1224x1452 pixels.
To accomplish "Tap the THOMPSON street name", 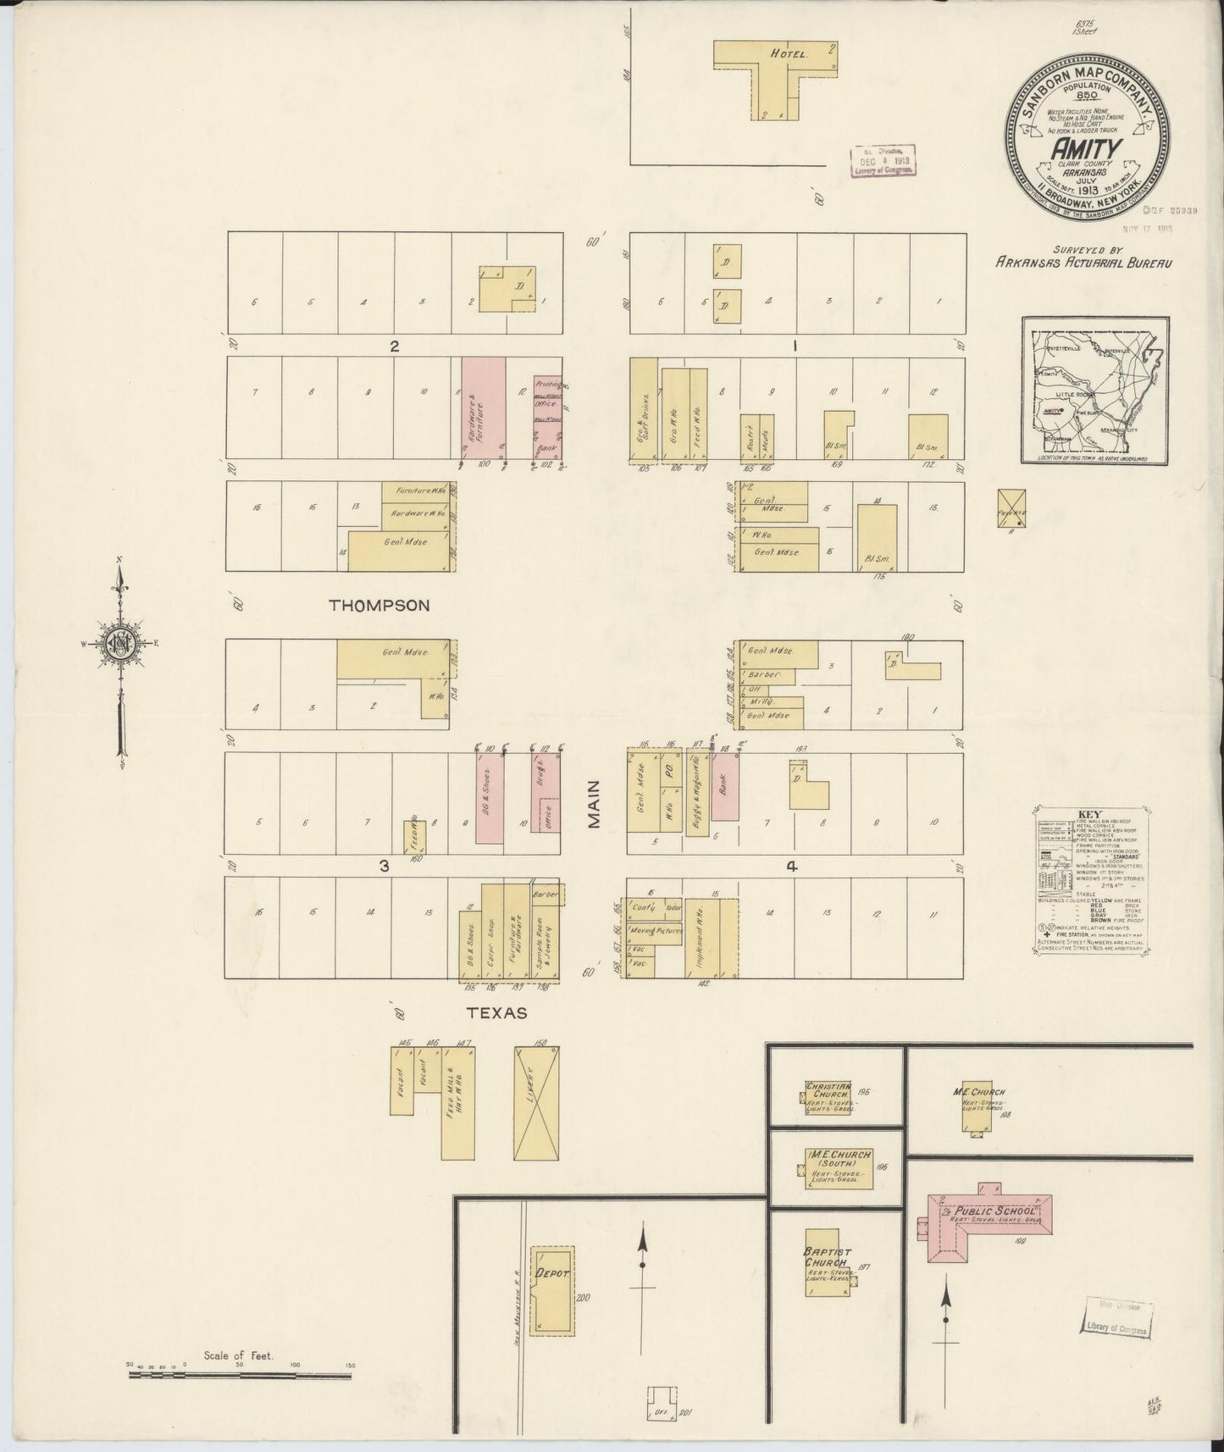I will click(379, 605).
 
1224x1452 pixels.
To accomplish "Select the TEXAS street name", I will click(497, 1013).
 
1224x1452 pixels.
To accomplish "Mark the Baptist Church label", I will click(828, 1257).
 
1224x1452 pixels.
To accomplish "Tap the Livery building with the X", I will click(536, 1102).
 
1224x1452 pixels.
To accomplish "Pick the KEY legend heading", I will click(1089, 815).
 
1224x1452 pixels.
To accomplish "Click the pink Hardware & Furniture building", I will click(483, 410).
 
